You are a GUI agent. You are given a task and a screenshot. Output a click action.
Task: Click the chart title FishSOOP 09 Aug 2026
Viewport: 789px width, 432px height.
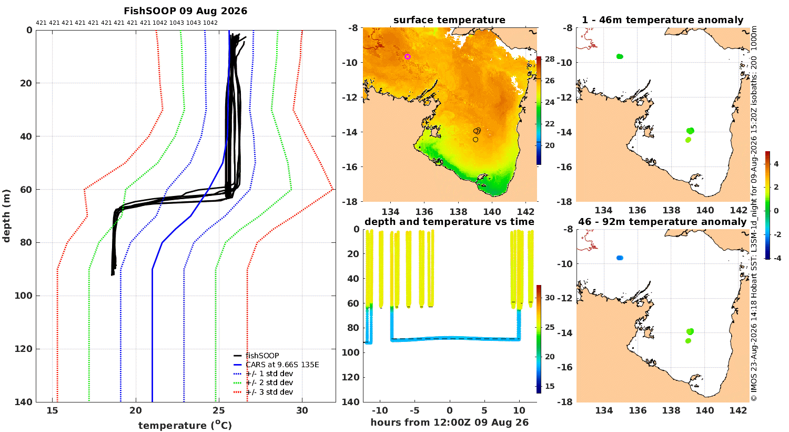click(x=185, y=11)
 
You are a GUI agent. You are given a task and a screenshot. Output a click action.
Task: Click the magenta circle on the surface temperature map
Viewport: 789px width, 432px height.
click(x=408, y=56)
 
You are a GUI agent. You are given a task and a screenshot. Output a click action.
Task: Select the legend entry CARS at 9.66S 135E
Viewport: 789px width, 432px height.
click(x=282, y=365)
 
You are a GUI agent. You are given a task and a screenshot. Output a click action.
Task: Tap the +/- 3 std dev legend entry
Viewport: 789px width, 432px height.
click(x=269, y=392)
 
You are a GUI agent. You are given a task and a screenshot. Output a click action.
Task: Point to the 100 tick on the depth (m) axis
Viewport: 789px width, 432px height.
click(x=24, y=296)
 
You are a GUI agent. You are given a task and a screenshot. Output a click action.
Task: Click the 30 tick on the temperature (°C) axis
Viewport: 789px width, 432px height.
click(x=302, y=410)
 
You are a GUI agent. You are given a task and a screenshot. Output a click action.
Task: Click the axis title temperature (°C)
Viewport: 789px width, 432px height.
click(x=185, y=425)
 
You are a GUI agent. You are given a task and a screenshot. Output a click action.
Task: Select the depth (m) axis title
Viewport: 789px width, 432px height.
click(x=6, y=216)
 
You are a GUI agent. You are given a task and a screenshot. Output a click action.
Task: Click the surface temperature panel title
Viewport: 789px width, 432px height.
click(x=449, y=20)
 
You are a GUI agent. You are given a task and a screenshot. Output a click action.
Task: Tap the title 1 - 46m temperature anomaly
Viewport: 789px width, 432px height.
click(x=663, y=20)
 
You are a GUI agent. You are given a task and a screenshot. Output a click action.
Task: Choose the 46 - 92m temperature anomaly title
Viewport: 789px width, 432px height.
click(x=663, y=222)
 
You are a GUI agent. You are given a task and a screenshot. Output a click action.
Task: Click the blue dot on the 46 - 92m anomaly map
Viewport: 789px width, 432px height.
click(x=620, y=258)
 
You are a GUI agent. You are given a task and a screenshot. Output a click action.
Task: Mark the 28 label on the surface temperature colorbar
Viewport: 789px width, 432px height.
click(x=550, y=59)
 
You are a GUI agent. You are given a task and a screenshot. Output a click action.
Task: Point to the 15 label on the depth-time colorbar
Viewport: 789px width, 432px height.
click(x=550, y=386)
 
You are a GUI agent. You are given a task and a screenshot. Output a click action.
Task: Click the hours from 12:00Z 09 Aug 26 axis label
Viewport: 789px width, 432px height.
click(x=449, y=423)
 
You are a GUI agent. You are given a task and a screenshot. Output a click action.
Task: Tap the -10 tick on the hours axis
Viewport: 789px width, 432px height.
click(x=380, y=410)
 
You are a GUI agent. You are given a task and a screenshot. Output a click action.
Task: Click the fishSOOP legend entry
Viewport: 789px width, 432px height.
click(x=262, y=356)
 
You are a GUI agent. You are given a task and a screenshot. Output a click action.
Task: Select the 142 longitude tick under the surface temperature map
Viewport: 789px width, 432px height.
click(x=525, y=212)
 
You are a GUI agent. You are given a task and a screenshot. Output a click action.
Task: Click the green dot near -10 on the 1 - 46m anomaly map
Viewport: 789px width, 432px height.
click(x=620, y=56)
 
